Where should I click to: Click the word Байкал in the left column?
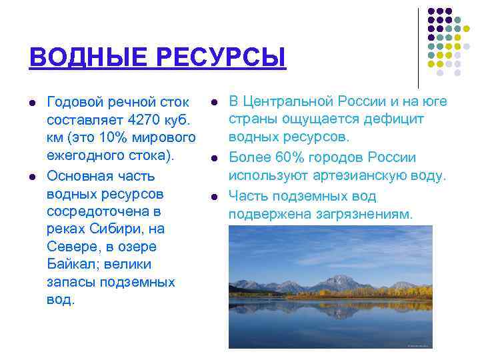coord(73,264)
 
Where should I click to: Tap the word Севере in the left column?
coord(69,247)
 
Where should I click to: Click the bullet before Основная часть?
coord(31,177)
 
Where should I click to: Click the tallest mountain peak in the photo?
coord(342,278)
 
